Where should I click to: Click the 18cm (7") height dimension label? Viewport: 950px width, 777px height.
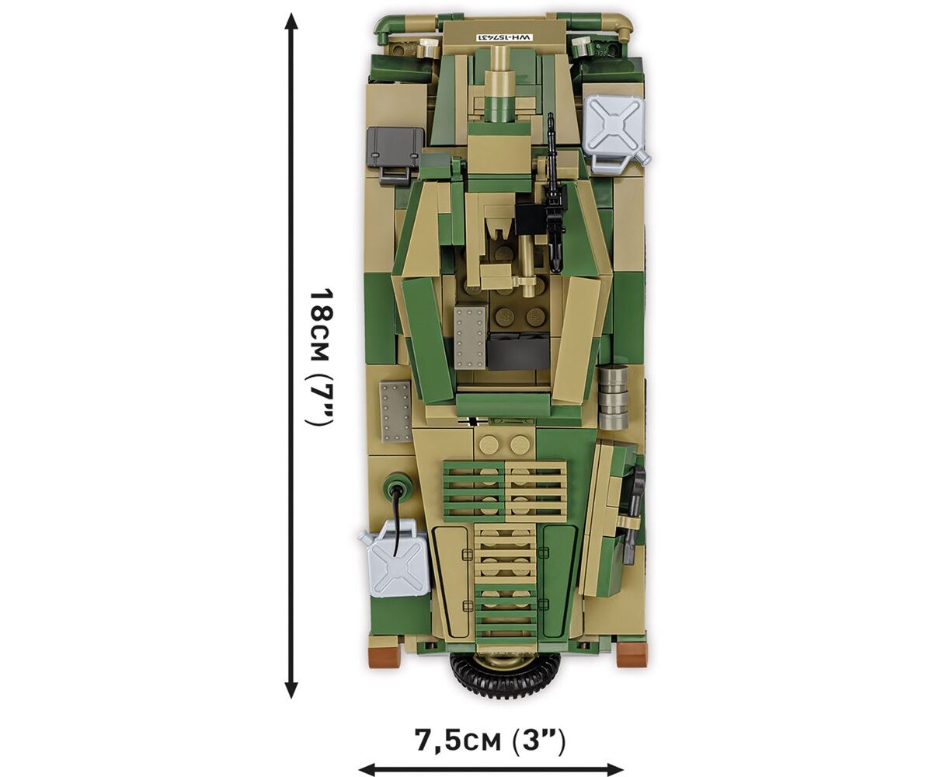click(x=321, y=357)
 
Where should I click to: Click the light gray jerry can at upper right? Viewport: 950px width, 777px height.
click(x=616, y=125)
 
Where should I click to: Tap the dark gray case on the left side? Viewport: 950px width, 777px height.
click(x=395, y=152)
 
